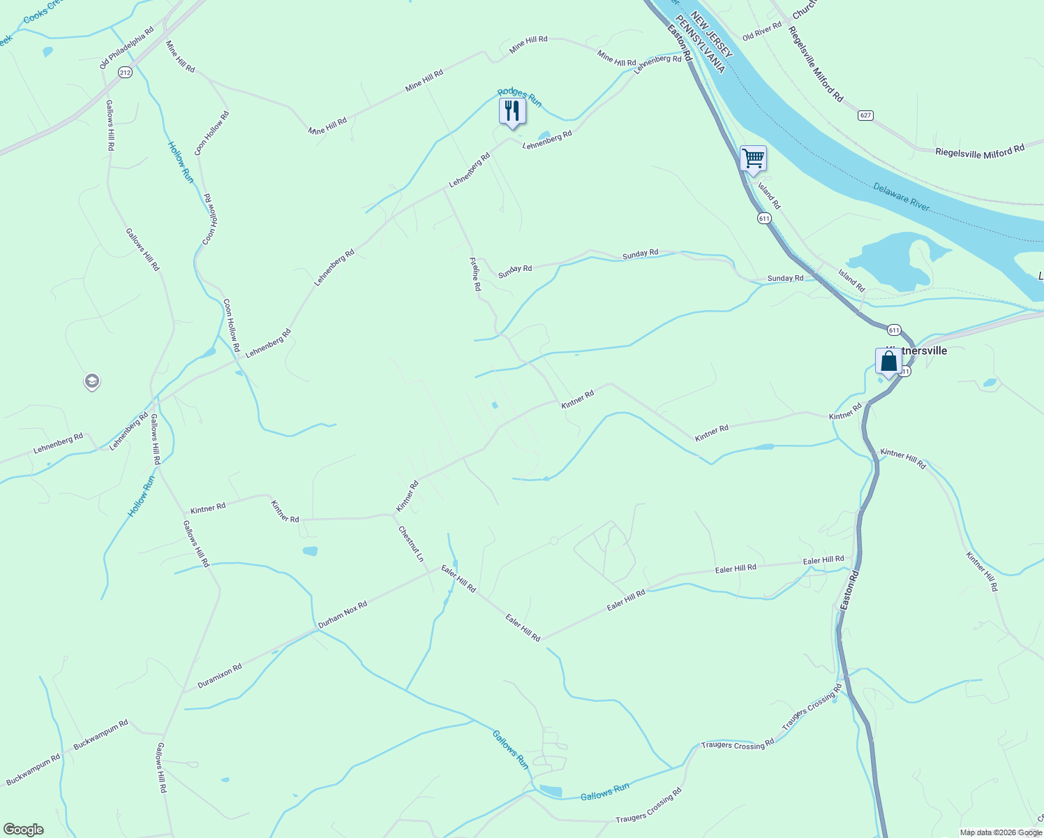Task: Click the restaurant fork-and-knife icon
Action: (x=512, y=111)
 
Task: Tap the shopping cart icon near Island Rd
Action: (x=753, y=159)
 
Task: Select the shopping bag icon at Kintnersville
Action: (x=888, y=362)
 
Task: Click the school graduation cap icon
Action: (x=91, y=381)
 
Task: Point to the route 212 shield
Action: (x=125, y=72)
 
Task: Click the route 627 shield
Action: (x=865, y=115)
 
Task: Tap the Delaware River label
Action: (x=901, y=196)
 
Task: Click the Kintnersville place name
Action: (x=917, y=351)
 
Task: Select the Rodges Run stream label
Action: (x=519, y=97)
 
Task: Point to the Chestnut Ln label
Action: (x=411, y=543)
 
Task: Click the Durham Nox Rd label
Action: (x=343, y=615)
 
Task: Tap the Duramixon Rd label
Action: (x=220, y=676)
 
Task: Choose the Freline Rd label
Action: (x=475, y=274)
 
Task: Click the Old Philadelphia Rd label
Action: (x=126, y=48)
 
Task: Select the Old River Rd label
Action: (x=761, y=31)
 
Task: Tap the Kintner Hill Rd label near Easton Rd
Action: (x=903, y=458)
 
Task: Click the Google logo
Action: (x=24, y=830)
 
